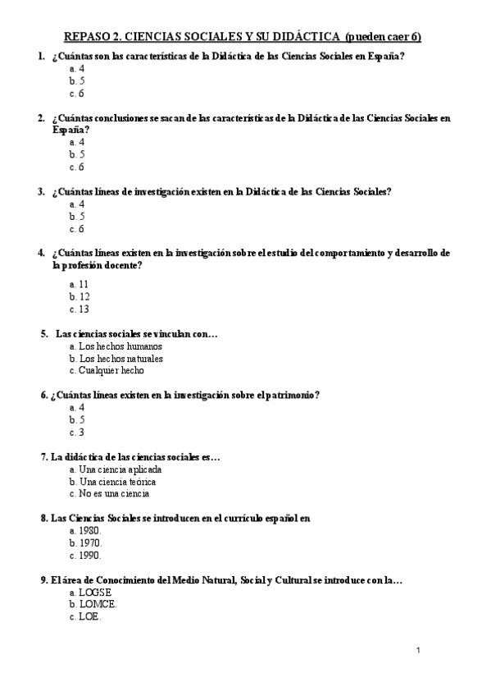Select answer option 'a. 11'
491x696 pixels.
coord(80,283)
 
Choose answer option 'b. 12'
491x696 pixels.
coord(80,296)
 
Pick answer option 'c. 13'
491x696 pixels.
coord(80,309)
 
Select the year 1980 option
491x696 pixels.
coord(85,531)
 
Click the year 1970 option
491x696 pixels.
coord(85,543)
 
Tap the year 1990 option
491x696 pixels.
coord(85,556)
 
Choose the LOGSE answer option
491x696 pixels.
coord(90,593)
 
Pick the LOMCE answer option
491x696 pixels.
coord(93,605)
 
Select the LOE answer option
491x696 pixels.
coord(85,617)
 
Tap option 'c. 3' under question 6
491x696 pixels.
coord(77,433)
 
